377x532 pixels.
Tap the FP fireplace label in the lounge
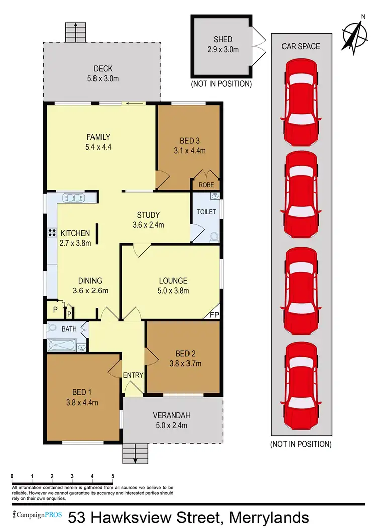coord(214,314)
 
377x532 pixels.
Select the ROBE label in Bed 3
coord(206,185)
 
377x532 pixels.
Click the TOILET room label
coord(206,212)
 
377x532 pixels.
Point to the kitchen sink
coord(74,197)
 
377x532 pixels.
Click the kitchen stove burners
coord(51,232)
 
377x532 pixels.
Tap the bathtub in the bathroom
coord(61,345)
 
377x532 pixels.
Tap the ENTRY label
coord(133,375)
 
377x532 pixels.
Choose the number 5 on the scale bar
coord(113,476)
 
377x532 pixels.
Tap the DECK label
coord(103,69)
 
